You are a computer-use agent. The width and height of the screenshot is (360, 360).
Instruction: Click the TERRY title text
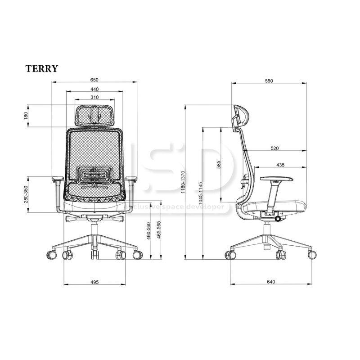pos(41,68)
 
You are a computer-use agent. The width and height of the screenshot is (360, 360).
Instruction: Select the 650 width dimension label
pos(94,80)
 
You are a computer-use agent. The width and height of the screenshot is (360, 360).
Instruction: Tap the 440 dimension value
pos(94,89)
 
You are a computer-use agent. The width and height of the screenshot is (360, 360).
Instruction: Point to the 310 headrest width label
pos(94,97)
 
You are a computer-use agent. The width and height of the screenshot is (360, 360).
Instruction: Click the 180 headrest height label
pos(26,116)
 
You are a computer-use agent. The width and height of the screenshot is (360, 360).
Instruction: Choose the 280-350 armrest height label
pos(26,194)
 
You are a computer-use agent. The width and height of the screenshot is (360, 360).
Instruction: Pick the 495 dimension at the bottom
pos(94,282)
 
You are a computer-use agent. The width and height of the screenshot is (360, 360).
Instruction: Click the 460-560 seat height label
pos(148,231)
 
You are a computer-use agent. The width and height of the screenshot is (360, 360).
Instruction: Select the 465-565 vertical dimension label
pos(159,230)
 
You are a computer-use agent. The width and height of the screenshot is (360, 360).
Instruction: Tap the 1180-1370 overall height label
pos(183,182)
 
